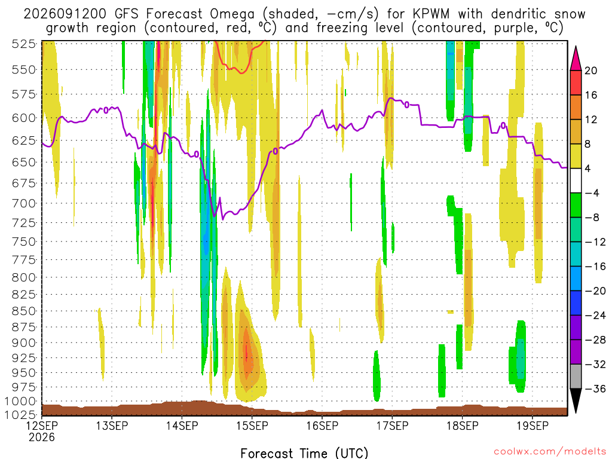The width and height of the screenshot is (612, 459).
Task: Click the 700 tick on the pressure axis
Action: [24, 203]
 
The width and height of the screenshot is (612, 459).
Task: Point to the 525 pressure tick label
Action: [24, 44]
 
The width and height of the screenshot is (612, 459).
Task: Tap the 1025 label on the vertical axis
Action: [20, 415]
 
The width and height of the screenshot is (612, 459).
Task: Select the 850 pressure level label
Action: [24, 311]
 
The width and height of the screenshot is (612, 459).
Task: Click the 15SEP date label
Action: [252, 426]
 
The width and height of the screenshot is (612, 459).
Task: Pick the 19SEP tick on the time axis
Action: [533, 426]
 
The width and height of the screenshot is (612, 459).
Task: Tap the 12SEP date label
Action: [42, 426]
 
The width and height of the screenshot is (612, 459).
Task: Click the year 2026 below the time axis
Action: [42, 437]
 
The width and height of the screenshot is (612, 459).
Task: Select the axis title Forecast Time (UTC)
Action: [304, 453]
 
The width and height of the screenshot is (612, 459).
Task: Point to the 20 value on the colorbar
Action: [590, 71]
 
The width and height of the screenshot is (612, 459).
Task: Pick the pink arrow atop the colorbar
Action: [576, 58]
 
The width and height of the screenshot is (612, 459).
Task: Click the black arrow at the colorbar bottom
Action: [576, 401]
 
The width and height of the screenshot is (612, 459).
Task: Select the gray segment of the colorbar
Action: [576, 377]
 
